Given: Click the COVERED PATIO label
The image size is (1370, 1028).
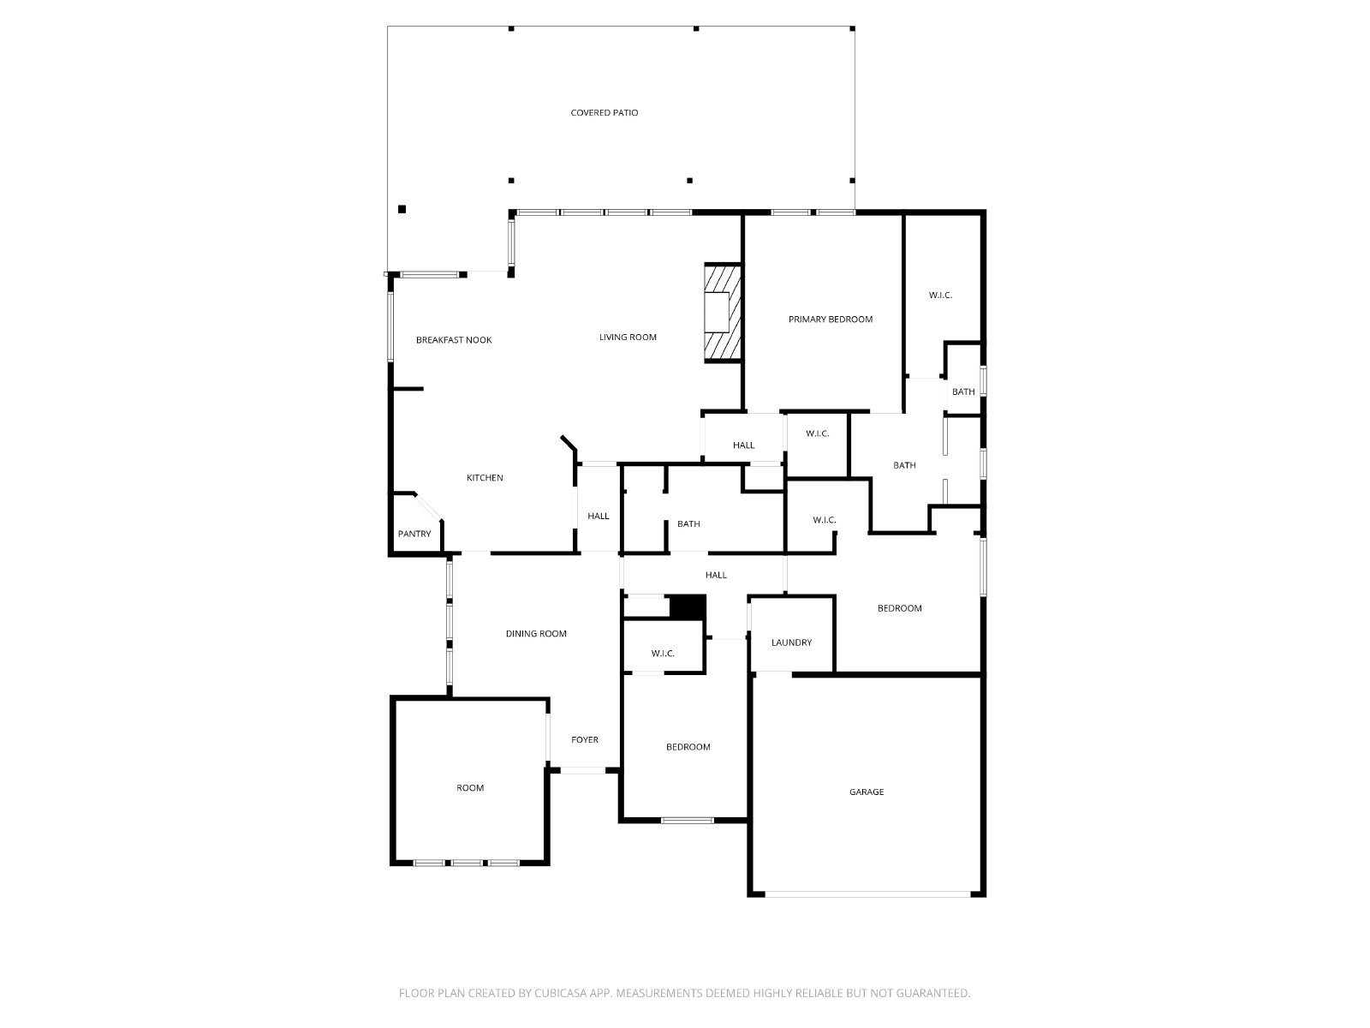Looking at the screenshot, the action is [x=604, y=113].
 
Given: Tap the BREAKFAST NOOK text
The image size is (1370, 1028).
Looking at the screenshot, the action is [x=454, y=340].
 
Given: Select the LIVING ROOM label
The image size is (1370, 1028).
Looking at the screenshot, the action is [x=628, y=337].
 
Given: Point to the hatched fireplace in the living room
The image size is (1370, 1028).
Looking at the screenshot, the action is [x=723, y=312].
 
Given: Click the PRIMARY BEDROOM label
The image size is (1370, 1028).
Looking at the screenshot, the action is [x=830, y=320].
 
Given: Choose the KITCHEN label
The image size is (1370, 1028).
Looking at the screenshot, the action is [x=485, y=478].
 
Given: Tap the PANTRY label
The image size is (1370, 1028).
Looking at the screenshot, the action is [x=414, y=535].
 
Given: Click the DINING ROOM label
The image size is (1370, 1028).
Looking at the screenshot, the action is [x=535, y=634].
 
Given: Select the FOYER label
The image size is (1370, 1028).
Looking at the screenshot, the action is [x=584, y=740].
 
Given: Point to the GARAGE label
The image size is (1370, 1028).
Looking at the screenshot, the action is [x=867, y=792].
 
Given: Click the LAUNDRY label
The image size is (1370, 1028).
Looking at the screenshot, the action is [x=791, y=642].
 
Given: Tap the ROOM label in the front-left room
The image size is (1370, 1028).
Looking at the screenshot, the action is [x=470, y=788].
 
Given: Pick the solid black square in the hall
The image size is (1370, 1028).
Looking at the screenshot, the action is [x=688, y=607].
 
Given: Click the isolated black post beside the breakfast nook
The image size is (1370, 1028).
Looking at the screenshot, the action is [x=402, y=209].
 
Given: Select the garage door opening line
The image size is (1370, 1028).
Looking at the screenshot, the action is [x=867, y=894].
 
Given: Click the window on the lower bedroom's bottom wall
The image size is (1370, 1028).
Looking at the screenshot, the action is [x=687, y=821].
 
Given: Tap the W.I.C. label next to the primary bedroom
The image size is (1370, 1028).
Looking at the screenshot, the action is [x=940, y=296].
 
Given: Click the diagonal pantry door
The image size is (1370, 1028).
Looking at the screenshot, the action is [x=428, y=506].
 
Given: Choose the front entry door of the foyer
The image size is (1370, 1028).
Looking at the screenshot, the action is [x=582, y=771].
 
